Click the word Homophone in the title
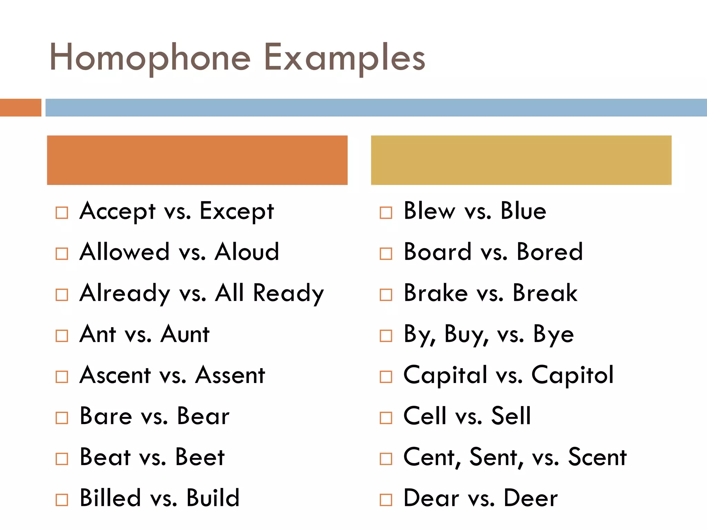[x=150, y=58]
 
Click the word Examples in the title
[x=345, y=58]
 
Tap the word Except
[x=237, y=211]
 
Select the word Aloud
[x=247, y=252]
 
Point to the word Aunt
[x=185, y=334]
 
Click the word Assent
[x=230, y=375]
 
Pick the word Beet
[x=200, y=457]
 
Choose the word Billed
[x=110, y=498]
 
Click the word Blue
[x=523, y=211]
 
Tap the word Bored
[x=550, y=252]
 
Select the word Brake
[x=436, y=293]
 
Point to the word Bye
[x=553, y=335]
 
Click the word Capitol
[x=572, y=375]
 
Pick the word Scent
[x=597, y=457]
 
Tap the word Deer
[x=531, y=498]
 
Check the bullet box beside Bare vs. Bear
[x=62, y=418]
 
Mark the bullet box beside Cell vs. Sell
[x=386, y=418]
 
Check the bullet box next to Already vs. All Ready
[x=62, y=295]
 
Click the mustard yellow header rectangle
[x=521, y=160]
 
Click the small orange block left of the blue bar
[x=20, y=108]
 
